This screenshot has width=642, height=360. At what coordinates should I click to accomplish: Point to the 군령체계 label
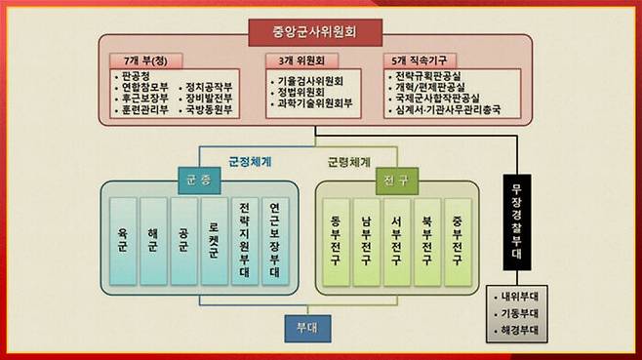coord(347,159)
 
